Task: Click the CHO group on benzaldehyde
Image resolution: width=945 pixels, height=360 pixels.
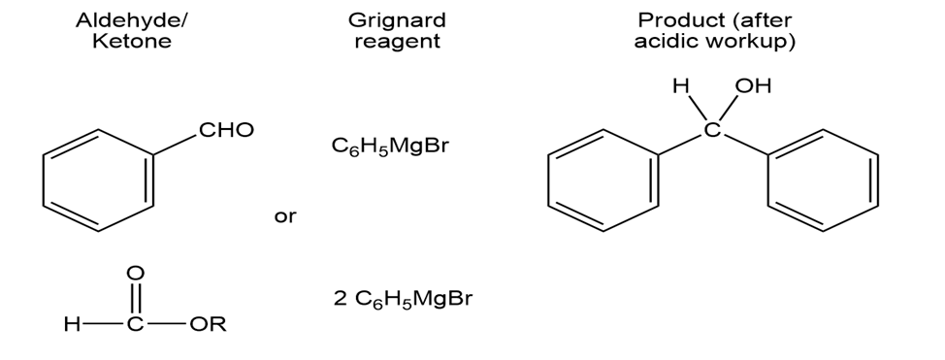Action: pyautogui.click(x=227, y=130)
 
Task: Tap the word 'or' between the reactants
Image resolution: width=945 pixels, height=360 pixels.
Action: pyautogui.click(x=285, y=216)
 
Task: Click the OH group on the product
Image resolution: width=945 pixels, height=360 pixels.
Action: pyautogui.click(x=753, y=86)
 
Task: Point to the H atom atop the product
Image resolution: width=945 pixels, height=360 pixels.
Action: pyautogui.click(x=681, y=86)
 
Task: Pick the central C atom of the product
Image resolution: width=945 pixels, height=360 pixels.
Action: pyautogui.click(x=712, y=129)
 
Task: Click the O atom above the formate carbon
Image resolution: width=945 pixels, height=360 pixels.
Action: pyautogui.click(x=136, y=274)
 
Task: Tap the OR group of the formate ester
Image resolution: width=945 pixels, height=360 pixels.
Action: pyautogui.click(x=208, y=324)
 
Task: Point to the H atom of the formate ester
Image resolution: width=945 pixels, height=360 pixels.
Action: pyautogui.click(x=72, y=324)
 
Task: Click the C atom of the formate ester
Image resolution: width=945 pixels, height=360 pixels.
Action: pyautogui.click(x=136, y=324)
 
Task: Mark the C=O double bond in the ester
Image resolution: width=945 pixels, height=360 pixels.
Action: pyautogui.click(x=136, y=299)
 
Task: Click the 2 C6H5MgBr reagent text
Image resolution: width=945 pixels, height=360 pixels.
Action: pyautogui.click(x=403, y=299)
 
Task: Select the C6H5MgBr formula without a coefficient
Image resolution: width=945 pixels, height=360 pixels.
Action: pyautogui.click(x=390, y=146)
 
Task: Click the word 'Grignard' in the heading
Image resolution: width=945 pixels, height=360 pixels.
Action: pyautogui.click(x=397, y=20)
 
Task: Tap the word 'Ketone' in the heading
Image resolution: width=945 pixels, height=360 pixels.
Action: pyautogui.click(x=132, y=41)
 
